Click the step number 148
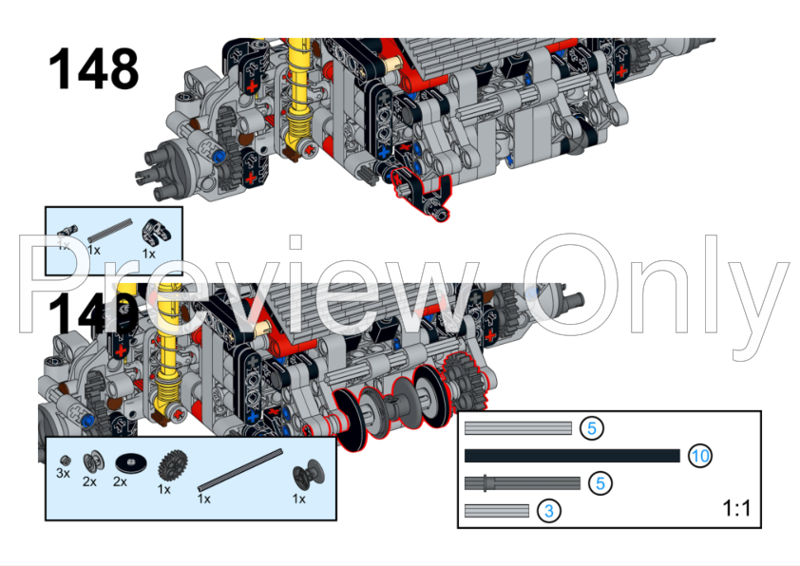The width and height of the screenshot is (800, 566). [x=93, y=69]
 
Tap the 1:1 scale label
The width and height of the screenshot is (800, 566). [x=736, y=508]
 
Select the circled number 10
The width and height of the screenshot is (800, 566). [x=699, y=456]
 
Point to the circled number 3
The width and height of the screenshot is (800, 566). [x=548, y=511]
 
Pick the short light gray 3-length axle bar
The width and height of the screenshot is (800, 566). [x=496, y=511]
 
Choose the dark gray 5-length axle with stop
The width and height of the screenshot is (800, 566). [x=523, y=483]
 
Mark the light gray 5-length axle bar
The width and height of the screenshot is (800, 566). [x=518, y=428]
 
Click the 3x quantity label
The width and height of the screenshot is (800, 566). [x=64, y=472]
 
